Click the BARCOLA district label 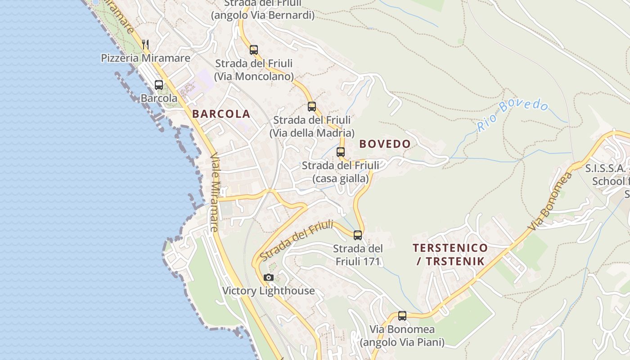pyautogui.click(x=221, y=114)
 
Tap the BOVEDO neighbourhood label pyautogui.click(x=385, y=144)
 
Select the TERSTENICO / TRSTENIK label pyautogui.click(x=450, y=254)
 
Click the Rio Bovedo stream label pyautogui.click(x=513, y=115)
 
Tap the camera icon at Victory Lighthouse pyautogui.click(x=269, y=277)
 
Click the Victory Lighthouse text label pyautogui.click(x=269, y=291)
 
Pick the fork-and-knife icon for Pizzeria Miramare pyautogui.click(x=145, y=44)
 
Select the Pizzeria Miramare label pyautogui.click(x=145, y=58)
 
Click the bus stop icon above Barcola pyautogui.click(x=159, y=85)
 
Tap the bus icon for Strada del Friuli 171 pyautogui.click(x=358, y=235)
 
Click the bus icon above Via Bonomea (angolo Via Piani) pyautogui.click(x=402, y=315)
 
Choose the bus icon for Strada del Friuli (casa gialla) pyautogui.click(x=341, y=152)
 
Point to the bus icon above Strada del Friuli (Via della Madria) pyautogui.click(x=312, y=106)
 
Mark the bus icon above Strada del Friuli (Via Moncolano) pyautogui.click(x=254, y=49)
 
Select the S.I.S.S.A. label pyautogui.click(x=605, y=169)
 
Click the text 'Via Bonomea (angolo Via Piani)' pyautogui.click(x=402, y=336)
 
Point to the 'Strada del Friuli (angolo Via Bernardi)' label pyautogui.click(x=263, y=9)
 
